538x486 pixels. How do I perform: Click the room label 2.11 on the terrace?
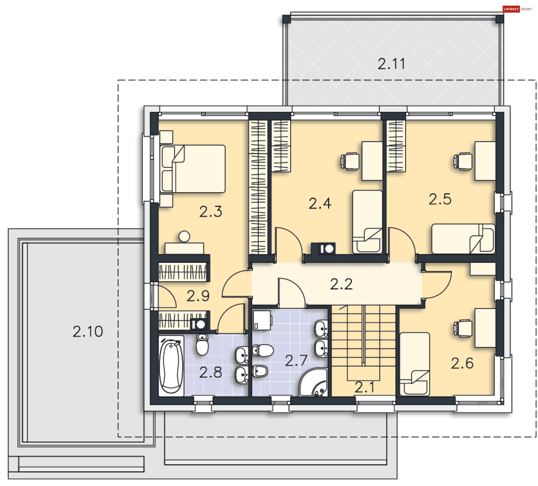click(391, 64)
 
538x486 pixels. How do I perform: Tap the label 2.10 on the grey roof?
click(88, 331)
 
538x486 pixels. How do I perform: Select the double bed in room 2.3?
click(193, 169)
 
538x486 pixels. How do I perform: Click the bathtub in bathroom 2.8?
click(171, 366)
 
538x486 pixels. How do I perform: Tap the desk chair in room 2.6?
click(463, 328)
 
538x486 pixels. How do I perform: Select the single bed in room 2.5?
click(463, 239)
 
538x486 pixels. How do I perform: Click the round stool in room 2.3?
click(184, 236)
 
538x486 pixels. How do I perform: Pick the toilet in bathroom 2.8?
click(202, 345)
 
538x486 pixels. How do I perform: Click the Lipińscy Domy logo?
click(517, 9)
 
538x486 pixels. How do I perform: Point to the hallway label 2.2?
click(341, 284)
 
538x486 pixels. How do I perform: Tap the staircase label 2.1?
click(364, 388)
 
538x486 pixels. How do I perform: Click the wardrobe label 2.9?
click(198, 296)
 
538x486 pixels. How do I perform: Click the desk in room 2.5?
click(485, 161)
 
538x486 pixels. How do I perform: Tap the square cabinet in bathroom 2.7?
click(262, 320)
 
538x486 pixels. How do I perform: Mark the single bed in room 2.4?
click(367, 222)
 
